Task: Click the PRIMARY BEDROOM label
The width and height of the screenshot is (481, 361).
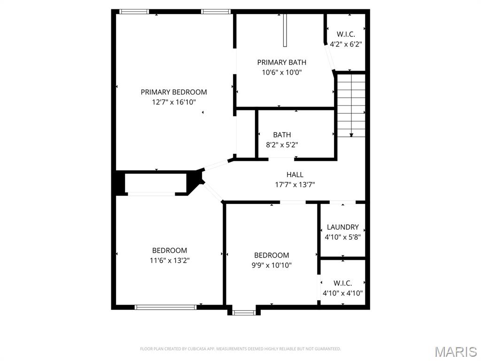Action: pyautogui.click(x=174, y=92)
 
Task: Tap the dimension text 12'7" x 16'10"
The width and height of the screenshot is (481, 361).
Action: pyautogui.click(x=174, y=102)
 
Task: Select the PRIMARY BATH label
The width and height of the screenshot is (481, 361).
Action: pyautogui.click(x=282, y=63)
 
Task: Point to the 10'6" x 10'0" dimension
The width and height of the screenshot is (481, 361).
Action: pyautogui.click(x=282, y=72)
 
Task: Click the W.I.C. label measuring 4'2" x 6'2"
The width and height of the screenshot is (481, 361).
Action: pyautogui.click(x=346, y=34)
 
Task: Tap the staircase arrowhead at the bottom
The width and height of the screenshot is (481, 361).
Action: pyautogui.click(x=351, y=135)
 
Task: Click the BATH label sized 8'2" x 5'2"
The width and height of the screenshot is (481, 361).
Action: pyautogui.click(x=282, y=135)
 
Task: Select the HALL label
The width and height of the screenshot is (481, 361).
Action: pyautogui.click(x=295, y=174)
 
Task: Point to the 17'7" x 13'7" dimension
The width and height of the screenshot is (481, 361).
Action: pyautogui.click(x=295, y=184)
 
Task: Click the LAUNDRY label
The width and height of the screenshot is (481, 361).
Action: pyautogui.click(x=343, y=227)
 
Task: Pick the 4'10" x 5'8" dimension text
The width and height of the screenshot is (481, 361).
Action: pyautogui.click(x=343, y=237)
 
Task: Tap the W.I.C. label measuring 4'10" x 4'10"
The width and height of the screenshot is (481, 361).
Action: pyautogui.click(x=343, y=283)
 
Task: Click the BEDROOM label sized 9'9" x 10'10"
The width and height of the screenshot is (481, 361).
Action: pyautogui.click(x=272, y=255)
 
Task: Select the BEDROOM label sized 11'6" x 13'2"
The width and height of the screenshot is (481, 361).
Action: pyautogui.click(x=170, y=251)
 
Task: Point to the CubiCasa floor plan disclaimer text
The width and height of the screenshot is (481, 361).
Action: pyautogui.click(x=240, y=349)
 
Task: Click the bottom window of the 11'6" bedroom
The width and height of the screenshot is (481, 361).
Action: pyautogui.click(x=165, y=307)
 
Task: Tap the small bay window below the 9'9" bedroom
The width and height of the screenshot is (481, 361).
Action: pyautogui.click(x=244, y=312)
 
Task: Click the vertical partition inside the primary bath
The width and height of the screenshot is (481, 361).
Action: pyautogui.click(x=285, y=30)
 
